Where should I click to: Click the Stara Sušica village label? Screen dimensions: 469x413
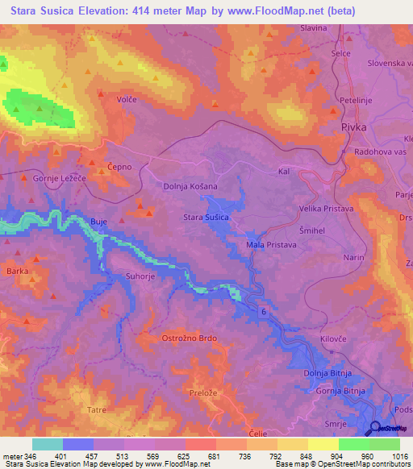pos(208,218)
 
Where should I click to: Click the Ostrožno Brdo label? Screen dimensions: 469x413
pos(190,338)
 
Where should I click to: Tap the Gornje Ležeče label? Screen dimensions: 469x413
pos(58,178)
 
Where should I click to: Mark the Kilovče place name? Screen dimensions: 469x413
pos(333,339)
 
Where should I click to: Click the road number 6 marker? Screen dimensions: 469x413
pos(263,310)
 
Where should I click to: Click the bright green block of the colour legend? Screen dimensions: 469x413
pos(353,444)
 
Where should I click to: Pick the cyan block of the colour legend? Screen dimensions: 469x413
pos(47,444)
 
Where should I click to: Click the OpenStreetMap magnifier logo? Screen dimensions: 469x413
pos(374,428)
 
